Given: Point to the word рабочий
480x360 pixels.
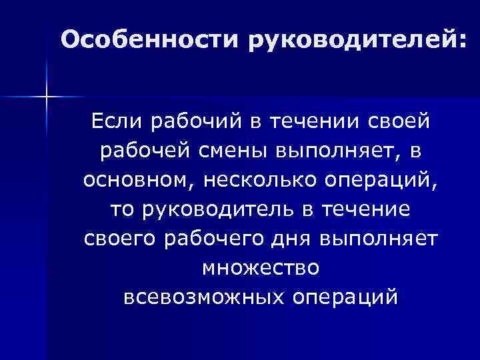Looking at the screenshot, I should (191, 123).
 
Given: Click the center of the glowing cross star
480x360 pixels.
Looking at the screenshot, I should (47, 97).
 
